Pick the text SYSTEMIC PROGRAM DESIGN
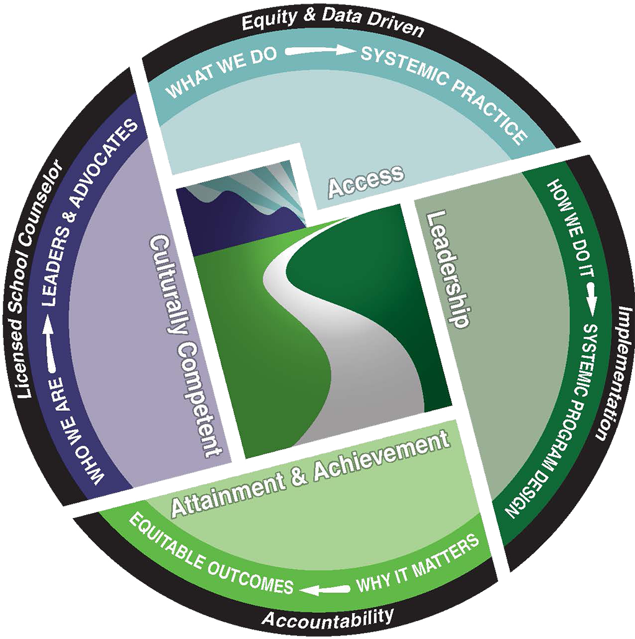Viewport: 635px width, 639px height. tap(555, 421)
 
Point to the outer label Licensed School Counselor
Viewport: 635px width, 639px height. tap(37, 279)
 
